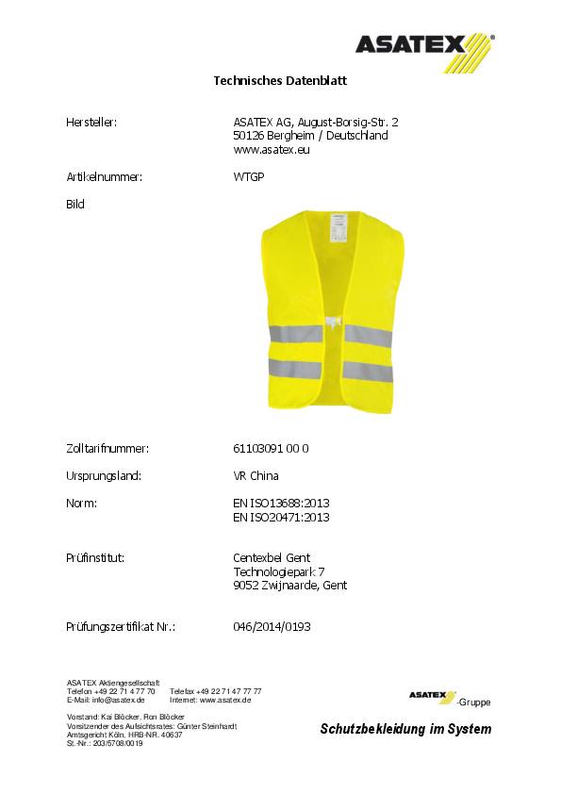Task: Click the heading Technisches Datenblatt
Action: pyautogui.click(x=280, y=82)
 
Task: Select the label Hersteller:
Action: pyautogui.click(x=91, y=122)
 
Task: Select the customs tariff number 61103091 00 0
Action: pyautogui.click(x=271, y=448)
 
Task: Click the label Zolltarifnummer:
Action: pyautogui.click(x=107, y=448)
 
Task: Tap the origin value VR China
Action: pyautogui.click(x=256, y=475)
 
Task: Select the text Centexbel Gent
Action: pyautogui.click(x=272, y=557)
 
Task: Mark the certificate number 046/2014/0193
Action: pyautogui.click(x=272, y=625)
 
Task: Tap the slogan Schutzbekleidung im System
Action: pyautogui.click(x=405, y=729)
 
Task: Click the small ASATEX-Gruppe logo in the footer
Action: pyautogui.click(x=448, y=698)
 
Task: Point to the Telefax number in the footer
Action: pyautogui.click(x=216, y=691)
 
